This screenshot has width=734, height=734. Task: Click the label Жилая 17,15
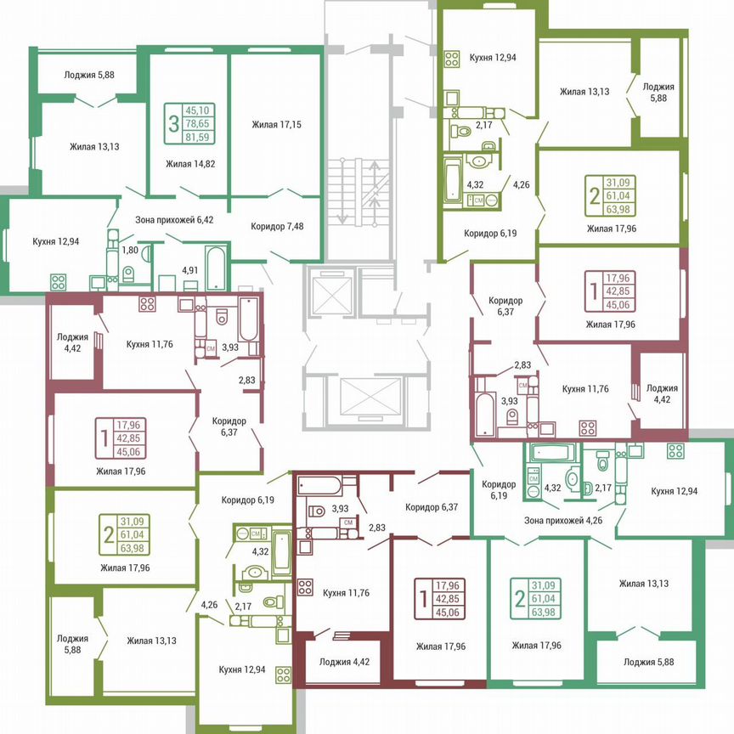(276, 125)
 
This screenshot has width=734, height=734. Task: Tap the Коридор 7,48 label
(277, 226)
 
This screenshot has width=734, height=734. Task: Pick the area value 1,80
(130, 251)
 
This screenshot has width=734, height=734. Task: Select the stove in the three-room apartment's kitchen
(59, 280)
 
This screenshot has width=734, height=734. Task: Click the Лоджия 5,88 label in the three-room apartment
(88, 75)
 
